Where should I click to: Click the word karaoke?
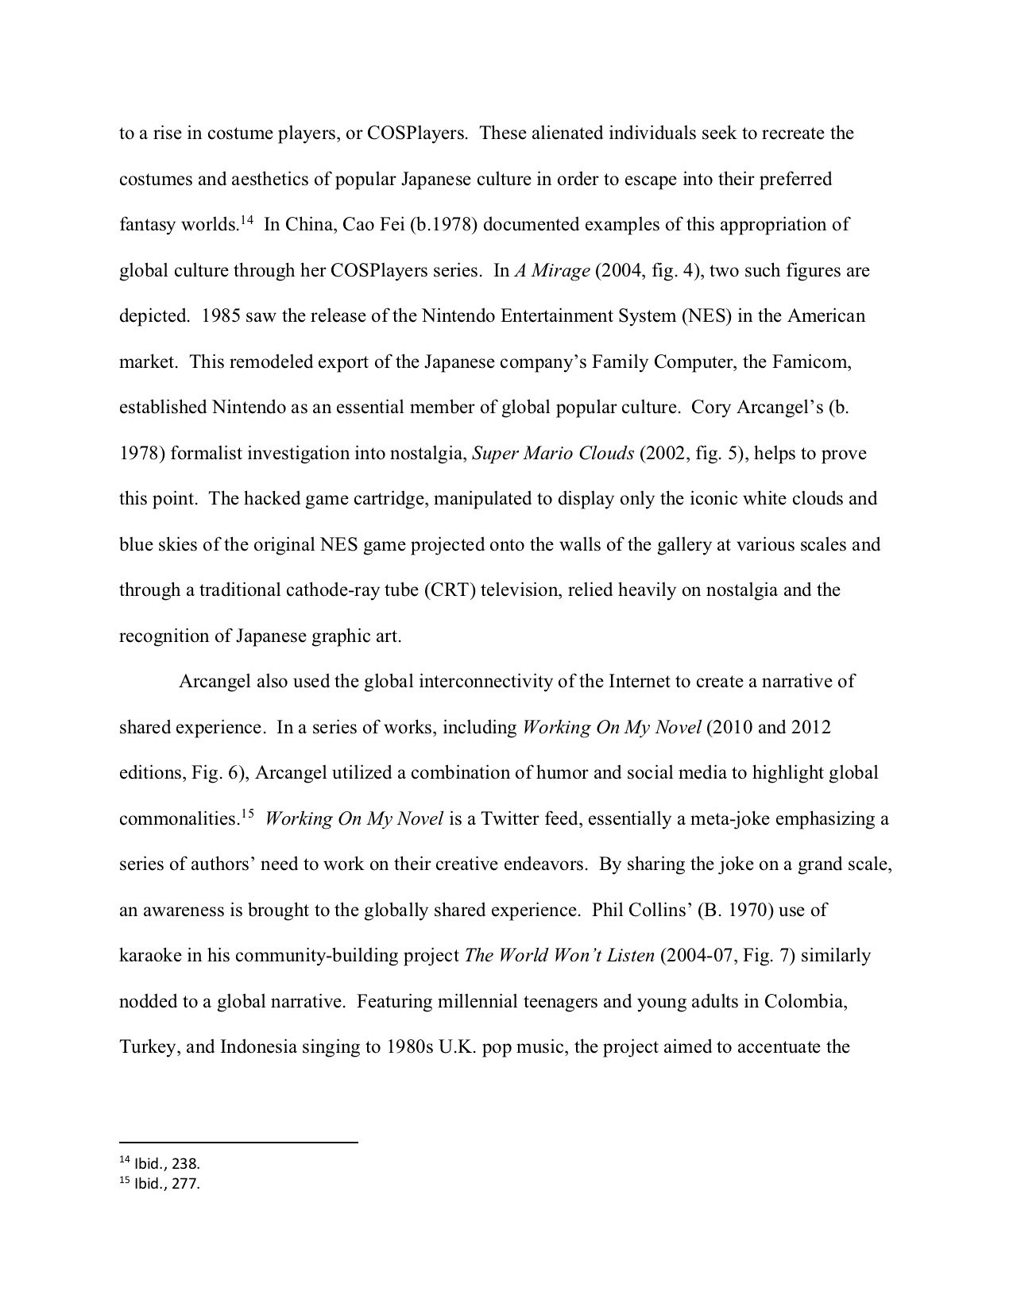coord(151,956)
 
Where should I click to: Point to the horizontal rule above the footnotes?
coord(238,1143)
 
